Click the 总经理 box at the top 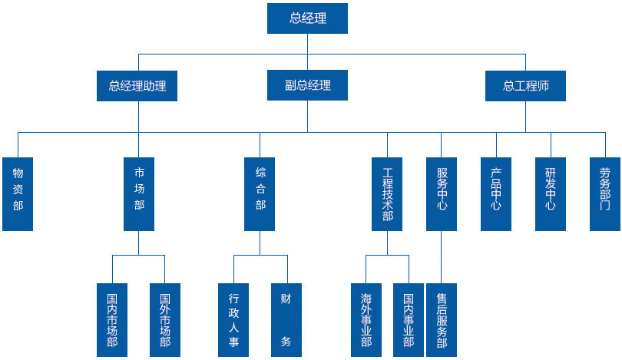(x=307, y=18)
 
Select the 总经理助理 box (x=137, y=86)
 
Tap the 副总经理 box (x=307, y=86)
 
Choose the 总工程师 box (x=526, y=86)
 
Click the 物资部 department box (x=18, y=194)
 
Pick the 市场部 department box (x=139, y=194)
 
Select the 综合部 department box (x=260, y=194)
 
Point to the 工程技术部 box (x=387, y=194)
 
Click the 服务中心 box (x=442, y=194)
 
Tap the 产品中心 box (x=496, y=194)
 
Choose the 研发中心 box (x=551, y=194)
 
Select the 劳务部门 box (x=605, y=194)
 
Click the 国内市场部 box (x=112, y=319)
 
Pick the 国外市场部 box (x=164, y=319)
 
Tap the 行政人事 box (x=233, y=319)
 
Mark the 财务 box (x=286, y=319)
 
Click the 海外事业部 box (x=366, y=319)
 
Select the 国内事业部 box (x=409, y=319)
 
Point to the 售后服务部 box (x=442, y=319)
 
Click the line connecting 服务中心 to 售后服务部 (x=442, y=256)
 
